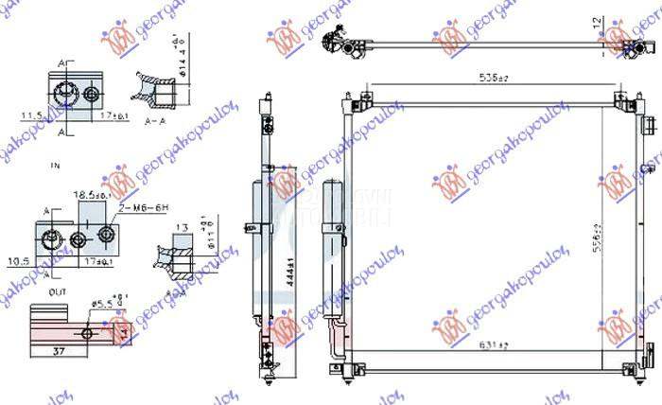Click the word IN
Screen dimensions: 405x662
tap(55, 166)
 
